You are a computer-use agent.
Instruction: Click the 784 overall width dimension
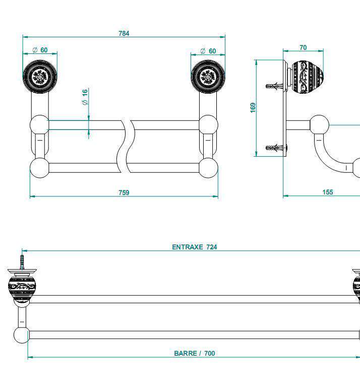pyautogui.click(x=124, y=33)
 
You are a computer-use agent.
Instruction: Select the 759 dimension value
pyautogui.click(x=124, y=192)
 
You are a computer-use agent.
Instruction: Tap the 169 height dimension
pyautogui.click(x=253, y=107)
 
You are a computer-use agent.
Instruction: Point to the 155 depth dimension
pyautogui.click(x=328, y=192)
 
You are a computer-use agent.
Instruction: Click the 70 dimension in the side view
pyautogui.click(x=303, y=48)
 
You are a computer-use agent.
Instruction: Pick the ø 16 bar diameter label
pyautogui.click(x=85, y=97)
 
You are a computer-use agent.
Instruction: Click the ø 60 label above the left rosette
pyautogui.click(x=40, y=50)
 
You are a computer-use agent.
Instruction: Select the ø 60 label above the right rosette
pyautogui.click(x=208, y=51)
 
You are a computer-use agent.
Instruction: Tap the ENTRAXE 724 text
pyautogui.click(x=195, y=247)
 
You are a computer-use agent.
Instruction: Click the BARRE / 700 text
pyautogui.click(x=195, y=353)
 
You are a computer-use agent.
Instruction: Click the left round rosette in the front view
pyautogui.click(x=40, y=77)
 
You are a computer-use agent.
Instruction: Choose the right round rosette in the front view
pyautogui.click(x=208, y=77)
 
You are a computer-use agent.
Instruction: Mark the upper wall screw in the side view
pyautogui.click(x=274, y=86)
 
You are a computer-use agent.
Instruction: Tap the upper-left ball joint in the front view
pyautogui.click(x=39, y=124)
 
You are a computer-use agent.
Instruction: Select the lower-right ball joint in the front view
pyautogui.click(x=208, y=167)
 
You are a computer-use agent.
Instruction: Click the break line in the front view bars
pyautogui.click(x=128, y=146)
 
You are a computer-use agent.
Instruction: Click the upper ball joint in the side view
pyautogui.click(x=319, y=124)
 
